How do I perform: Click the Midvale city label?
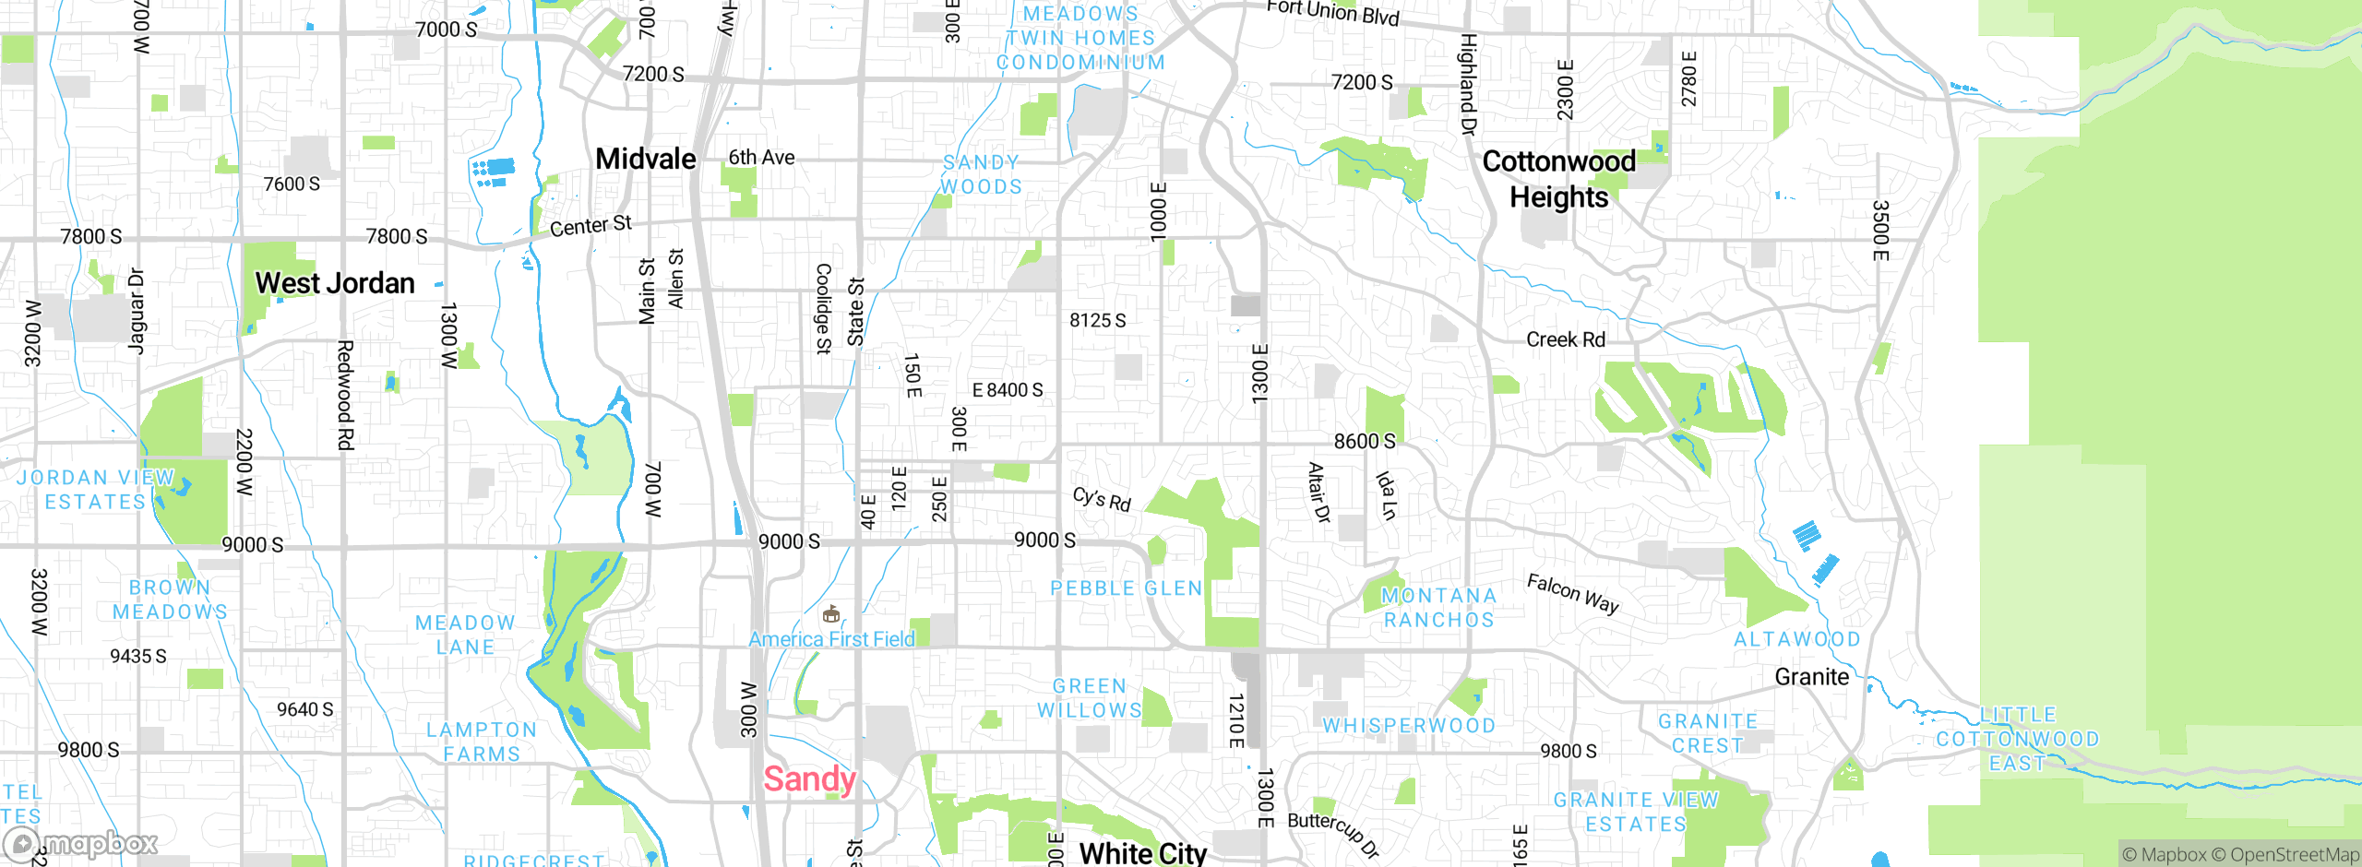click(646, 159)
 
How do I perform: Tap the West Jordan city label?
click(335, 283)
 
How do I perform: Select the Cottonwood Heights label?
click(1559, 179)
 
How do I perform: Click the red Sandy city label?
click(809, 779)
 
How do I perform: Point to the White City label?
click(1142, 853)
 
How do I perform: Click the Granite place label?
click(1811, 677)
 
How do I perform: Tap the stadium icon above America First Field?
click(830, 614)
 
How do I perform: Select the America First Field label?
click(831, 639)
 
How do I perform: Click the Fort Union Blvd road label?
click(1332, 13)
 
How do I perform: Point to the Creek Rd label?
click(1565, 339)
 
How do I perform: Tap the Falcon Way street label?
click(1572, 593)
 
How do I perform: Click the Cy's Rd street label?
click(1102, 499)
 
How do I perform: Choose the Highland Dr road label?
click(1468, 84)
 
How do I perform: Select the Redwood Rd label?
click(345, 395)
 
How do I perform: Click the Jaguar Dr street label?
click(136, 311)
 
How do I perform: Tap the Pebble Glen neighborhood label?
click(1127, 588)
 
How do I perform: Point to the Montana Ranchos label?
click(1438, 608)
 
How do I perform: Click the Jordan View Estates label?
click(96, 490)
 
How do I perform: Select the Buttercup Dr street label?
click(1333, 834)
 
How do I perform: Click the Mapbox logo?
click(81, 843)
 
